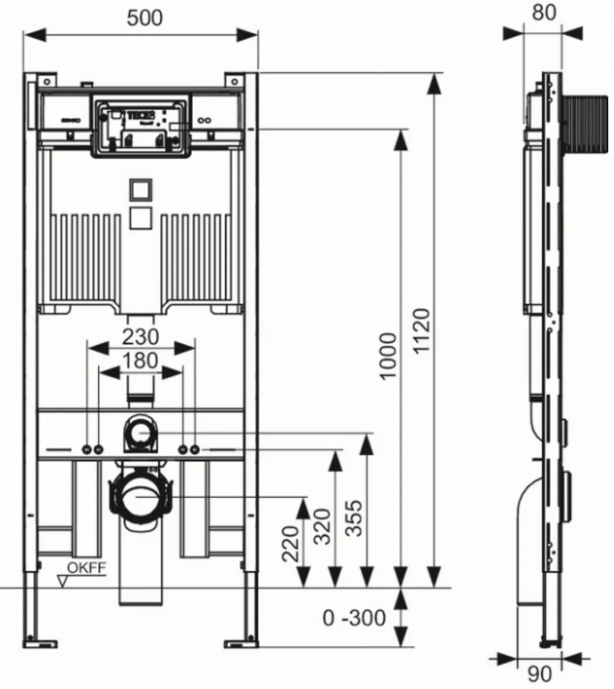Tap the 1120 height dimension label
423,339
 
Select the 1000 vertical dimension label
388,355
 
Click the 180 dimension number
141,361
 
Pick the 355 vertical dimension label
356,517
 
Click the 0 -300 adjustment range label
354,618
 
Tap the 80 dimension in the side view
543,13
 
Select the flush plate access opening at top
141,127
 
